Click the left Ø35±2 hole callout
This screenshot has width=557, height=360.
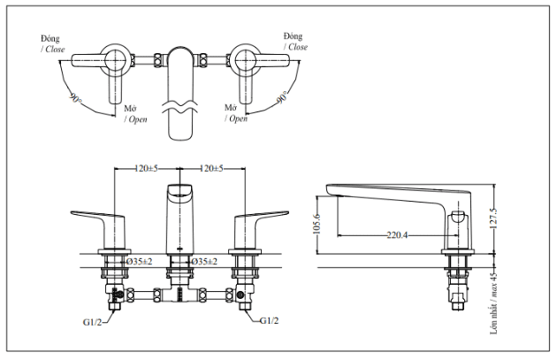(138, 262)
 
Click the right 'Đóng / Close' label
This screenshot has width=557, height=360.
(295, 41)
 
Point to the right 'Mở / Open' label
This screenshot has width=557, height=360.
(233, 112)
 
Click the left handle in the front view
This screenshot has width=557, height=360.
(100, 221)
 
